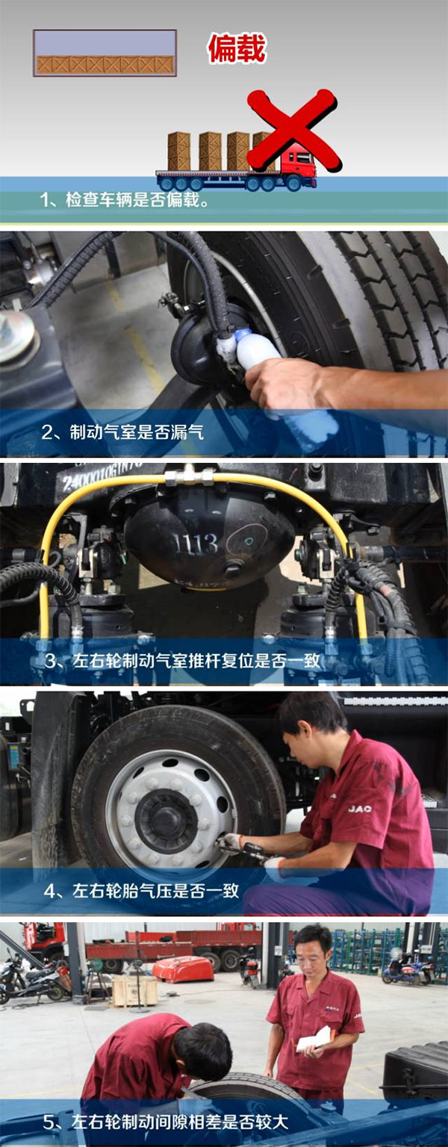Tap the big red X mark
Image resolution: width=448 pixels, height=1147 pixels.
tap(293, 130)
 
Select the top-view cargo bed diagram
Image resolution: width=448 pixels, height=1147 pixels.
tap(105, 53)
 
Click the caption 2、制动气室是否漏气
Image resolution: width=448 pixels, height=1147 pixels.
tap(123, 432)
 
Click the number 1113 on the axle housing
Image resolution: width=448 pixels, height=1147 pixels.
tap(196, 544)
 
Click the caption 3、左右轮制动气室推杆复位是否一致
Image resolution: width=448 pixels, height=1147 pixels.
tap(182, 660)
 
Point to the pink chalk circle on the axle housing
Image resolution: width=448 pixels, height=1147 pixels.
tap(248, 541)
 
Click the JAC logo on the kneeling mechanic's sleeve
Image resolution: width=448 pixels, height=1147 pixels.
tap(360, 809)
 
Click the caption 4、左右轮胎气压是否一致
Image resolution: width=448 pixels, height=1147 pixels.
tap(141, 890)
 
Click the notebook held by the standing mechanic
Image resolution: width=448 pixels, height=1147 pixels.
tap(315, 1037)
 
